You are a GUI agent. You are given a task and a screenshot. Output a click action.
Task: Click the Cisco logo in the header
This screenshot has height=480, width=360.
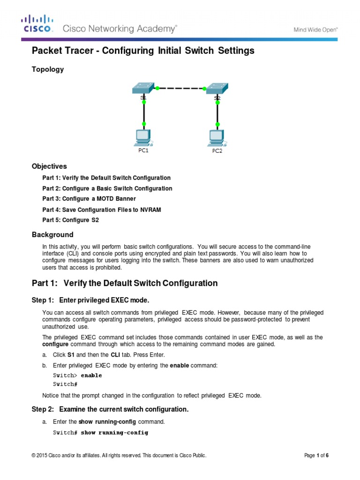(38, 24)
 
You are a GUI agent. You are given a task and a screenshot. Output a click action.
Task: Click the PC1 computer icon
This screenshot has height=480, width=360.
(143, 136)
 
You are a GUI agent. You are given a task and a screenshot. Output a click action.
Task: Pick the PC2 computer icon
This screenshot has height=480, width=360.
(217, 137)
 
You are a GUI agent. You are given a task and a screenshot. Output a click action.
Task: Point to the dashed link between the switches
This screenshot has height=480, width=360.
(180, 88)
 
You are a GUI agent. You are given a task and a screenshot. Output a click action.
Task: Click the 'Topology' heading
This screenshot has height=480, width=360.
(47, 69)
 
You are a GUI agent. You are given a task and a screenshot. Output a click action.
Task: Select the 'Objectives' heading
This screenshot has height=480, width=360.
(49, 166)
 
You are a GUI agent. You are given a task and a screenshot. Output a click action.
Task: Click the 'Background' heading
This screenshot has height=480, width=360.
(52, 234)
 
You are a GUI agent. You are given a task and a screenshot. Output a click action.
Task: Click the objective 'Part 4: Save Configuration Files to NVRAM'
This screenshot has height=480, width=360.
(102, 210)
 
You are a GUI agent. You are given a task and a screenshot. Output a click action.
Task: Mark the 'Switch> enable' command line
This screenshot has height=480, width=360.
(77, 375)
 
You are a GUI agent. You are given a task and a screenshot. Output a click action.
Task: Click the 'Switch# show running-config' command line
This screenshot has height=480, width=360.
(100, 433)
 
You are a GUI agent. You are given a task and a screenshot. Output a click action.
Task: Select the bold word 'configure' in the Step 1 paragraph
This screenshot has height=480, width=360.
(55, 344)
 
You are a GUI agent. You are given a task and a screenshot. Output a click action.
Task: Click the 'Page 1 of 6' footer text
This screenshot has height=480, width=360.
(316, 455)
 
